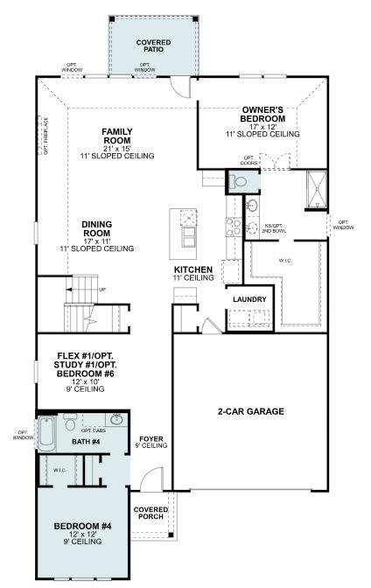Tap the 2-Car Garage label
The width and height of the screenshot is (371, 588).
coord(252,410)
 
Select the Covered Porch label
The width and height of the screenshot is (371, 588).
coord(149,513)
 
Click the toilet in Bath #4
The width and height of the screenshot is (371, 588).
coord(73,426)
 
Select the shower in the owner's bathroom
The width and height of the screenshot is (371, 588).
coord(315,189)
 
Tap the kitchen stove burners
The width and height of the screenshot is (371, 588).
coord(233,227)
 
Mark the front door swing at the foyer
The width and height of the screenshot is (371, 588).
coord(152,479)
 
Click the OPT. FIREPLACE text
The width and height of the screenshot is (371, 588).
coord(46,136)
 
